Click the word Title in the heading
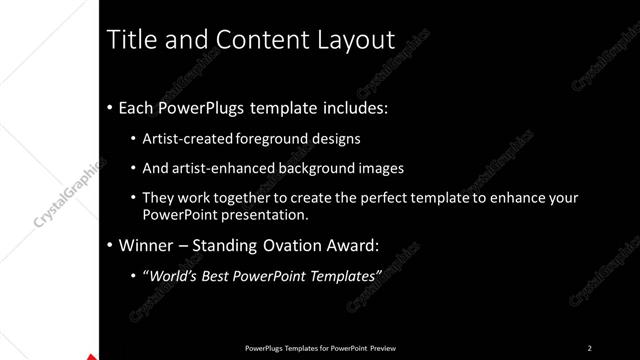(x=132, y=40)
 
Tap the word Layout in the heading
(x=353, y=40)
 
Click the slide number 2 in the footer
(x=590, y=348)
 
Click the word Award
(x=349, y=244)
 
